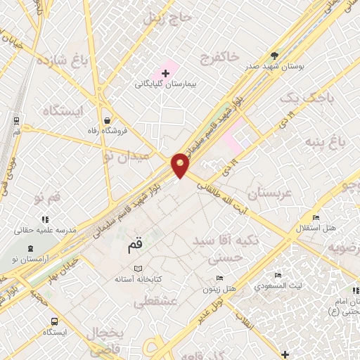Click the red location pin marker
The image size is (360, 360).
coord(181,165)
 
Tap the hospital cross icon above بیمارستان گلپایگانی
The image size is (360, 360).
coord(166,73)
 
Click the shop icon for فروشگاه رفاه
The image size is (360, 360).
coord(105,120)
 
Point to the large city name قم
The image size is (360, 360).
coord(135,248)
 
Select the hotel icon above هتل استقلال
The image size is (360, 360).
coord(316,217)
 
